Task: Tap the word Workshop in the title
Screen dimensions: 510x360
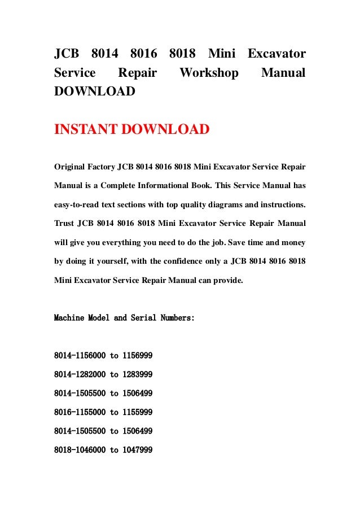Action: coord(208,73)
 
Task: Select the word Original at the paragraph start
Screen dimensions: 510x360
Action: coord(71,167)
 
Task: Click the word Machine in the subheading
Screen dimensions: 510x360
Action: coord(68,318)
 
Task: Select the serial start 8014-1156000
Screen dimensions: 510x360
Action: coord(80,356)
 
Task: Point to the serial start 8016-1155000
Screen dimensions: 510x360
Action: coord(80,412)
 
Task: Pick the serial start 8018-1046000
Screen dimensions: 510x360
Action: coord(80,450)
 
